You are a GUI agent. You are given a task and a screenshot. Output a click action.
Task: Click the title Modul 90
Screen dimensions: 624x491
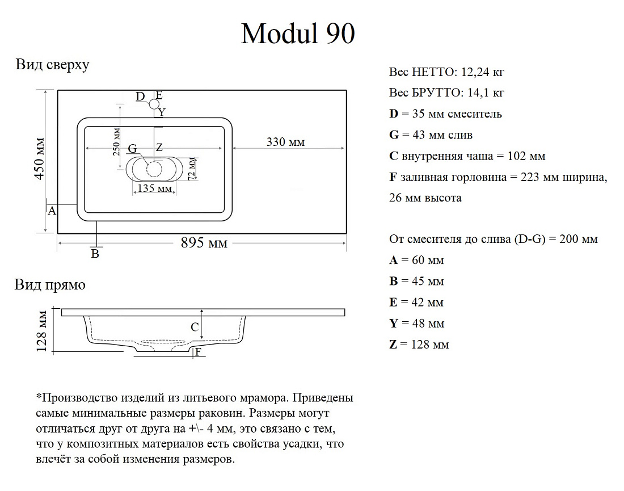click(298, 33)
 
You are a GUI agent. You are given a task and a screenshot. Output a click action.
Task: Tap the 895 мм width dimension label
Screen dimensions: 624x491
click(204, 242)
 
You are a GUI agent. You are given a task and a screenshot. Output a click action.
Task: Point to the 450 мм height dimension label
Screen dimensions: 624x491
click(40, 159)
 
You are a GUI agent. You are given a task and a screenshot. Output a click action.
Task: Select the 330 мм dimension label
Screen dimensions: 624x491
click(285, 142)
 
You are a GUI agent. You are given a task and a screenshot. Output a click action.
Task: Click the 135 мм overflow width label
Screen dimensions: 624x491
click(155, 188)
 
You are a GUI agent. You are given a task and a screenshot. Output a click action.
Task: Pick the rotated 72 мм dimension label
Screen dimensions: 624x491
click(192, 169)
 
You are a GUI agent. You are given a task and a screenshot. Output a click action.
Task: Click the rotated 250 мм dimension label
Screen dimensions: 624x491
click(116, 142)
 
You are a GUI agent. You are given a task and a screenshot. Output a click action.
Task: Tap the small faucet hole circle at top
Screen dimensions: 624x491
click(154, 104)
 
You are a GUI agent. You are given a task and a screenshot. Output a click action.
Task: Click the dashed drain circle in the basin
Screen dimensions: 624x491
click(154, 169)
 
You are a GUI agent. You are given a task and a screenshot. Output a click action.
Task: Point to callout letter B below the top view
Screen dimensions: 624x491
click(95, 254)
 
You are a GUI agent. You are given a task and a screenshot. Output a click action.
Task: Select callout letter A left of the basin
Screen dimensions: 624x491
click(52, 211)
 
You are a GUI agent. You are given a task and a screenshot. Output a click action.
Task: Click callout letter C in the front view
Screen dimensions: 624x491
click(195, 327)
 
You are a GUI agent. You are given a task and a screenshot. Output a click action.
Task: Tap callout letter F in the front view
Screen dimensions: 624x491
click(198, 351)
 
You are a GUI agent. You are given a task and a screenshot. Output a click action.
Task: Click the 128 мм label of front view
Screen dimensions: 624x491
click(41, 331)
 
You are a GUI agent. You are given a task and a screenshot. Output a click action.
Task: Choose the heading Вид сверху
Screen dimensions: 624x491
click(53, 65)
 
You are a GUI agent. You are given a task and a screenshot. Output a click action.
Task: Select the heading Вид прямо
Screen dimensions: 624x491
click(50, 285)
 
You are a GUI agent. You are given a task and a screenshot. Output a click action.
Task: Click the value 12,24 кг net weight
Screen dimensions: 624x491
click(483, 72)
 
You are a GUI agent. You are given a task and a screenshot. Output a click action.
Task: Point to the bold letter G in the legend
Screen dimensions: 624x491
click(394, 135)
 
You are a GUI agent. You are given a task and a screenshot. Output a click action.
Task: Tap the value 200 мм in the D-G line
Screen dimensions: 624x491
click(579, 239)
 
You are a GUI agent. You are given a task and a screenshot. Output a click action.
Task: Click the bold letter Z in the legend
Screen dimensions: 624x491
click(393, 344)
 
